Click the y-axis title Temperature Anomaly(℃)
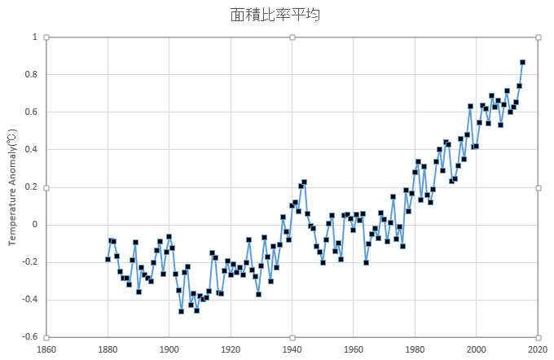(12, 187)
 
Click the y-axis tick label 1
(35, 37)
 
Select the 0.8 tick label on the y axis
(32, 75)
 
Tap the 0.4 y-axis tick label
(32, 150)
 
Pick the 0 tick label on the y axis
(35, 225)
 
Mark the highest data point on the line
(522, 62)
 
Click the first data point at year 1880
(108, 259)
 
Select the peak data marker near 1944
(304, 182)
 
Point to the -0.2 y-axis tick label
(30, 262)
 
